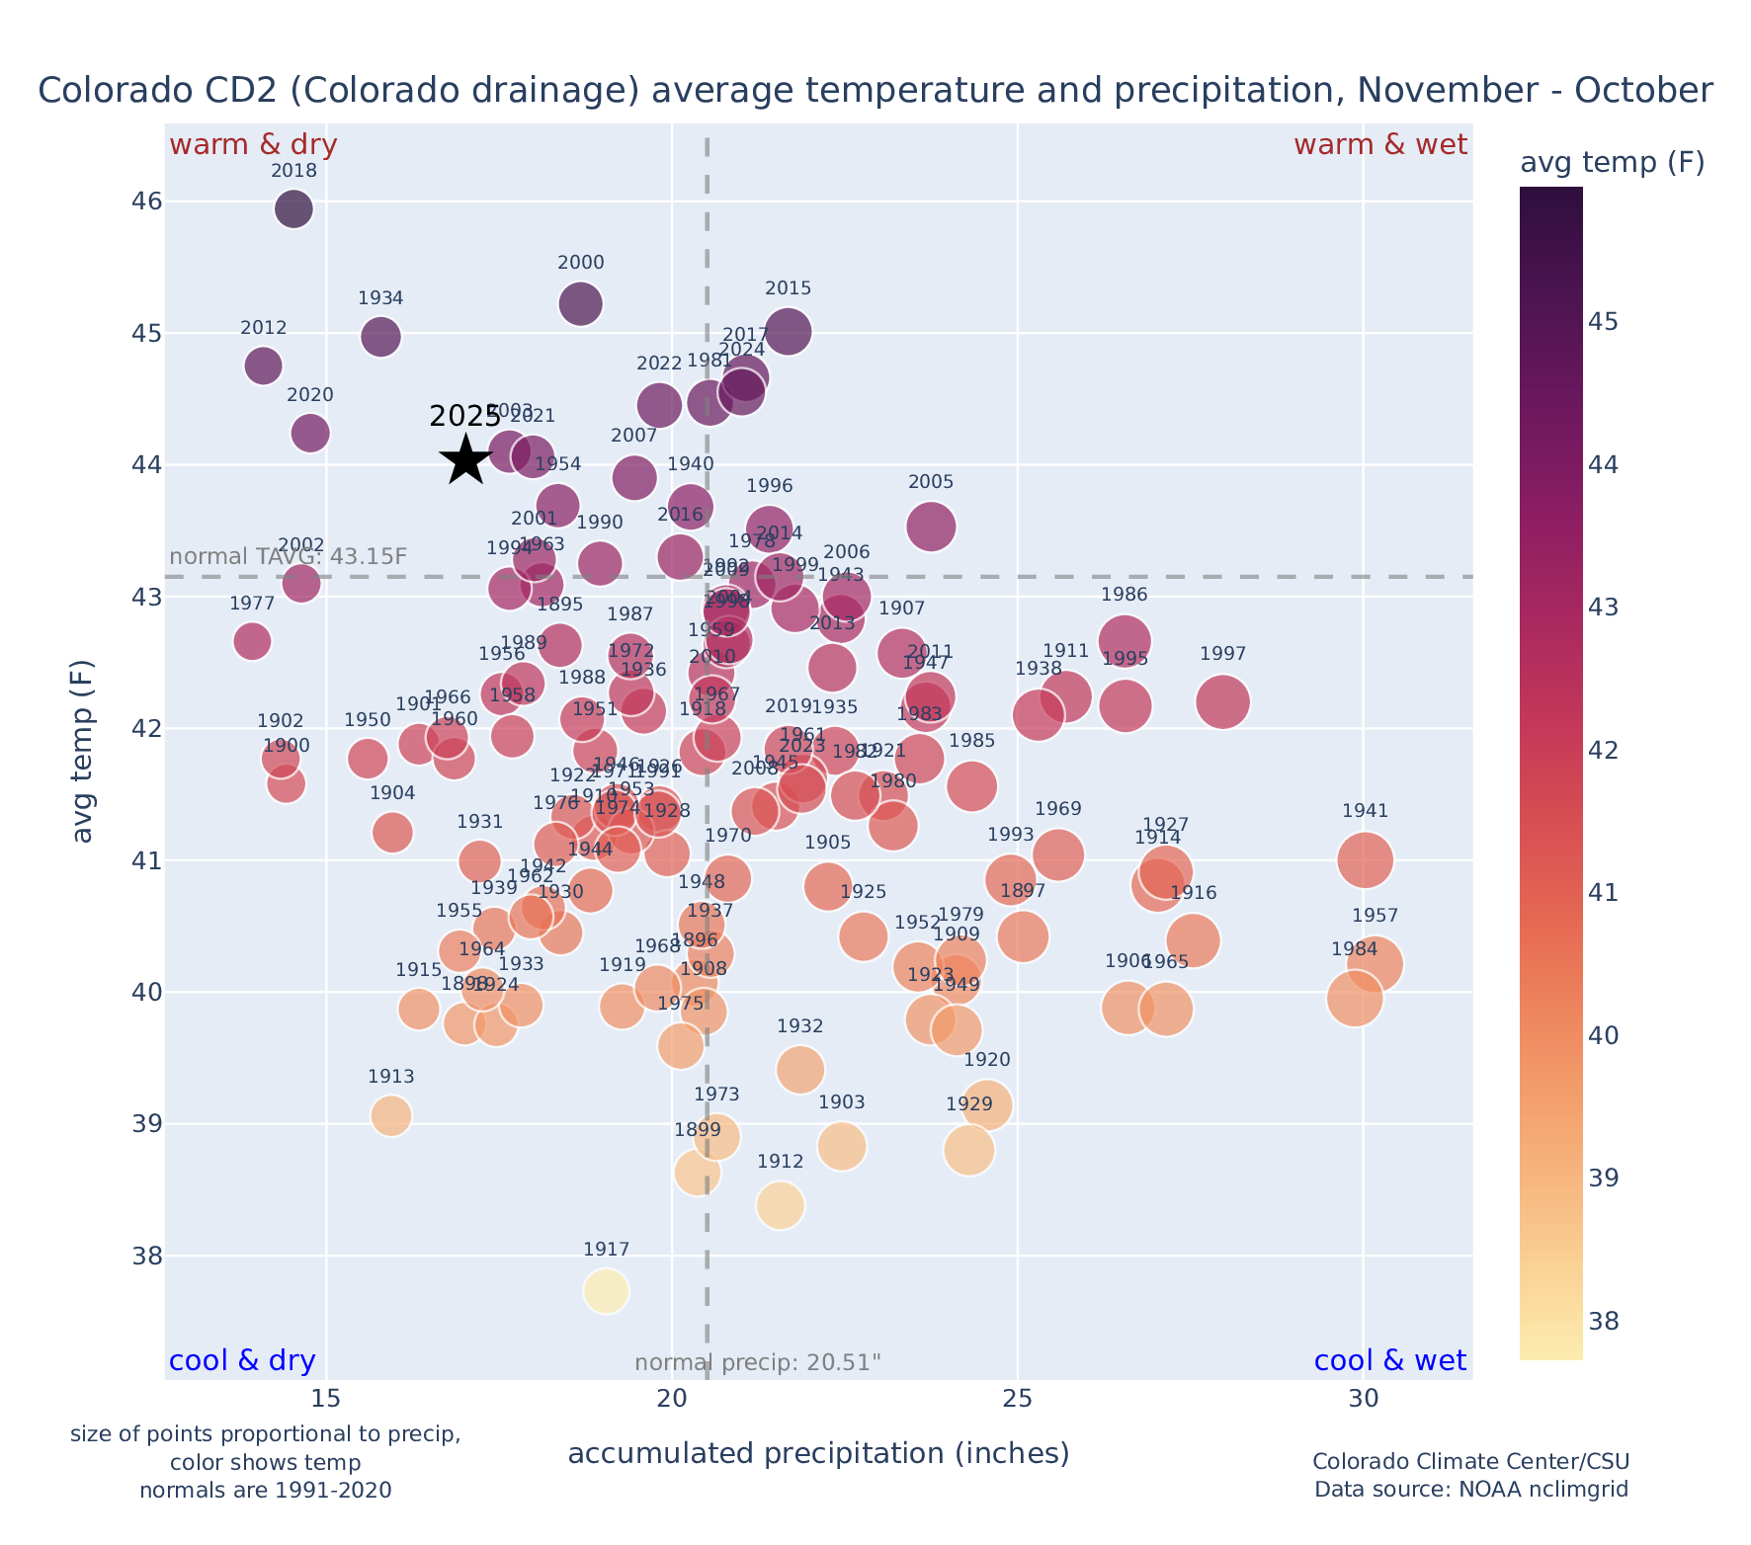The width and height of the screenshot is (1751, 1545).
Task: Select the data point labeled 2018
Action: pyautogui.click(x=293, y=209)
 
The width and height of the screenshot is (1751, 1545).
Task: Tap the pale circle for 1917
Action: pyautogui.click(x=606, y=1291)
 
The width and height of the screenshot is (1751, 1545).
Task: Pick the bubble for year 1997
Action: pyautogui.click(x=1222, y=702)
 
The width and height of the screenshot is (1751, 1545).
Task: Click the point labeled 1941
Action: pyautogui.click(x=1366, y=859)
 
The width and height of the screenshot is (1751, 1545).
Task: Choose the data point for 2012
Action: pyautogui.click(x=263, y=366)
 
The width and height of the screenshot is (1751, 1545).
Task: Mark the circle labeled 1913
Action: pyautogui.click(x=391, y=1115)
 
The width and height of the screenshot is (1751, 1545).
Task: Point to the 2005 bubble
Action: pyautogui.click(x=931, y=527)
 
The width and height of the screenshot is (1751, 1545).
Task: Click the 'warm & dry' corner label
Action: pyautogui.click(x=253, y=145)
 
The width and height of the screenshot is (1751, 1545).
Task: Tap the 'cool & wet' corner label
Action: pyautogui.click(x=1389, y=1361)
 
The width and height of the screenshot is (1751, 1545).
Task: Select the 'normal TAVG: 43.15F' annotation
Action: pyautogui.click(x=289, y=556)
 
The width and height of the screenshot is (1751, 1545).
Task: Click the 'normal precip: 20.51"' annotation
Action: pyautogui.click(x=757, y=1363)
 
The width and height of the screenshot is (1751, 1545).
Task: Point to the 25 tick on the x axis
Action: pyautogui.click(x=1018, y=1400)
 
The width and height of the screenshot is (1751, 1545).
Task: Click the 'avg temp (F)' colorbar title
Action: pyautogui.click(x=1612, y=163)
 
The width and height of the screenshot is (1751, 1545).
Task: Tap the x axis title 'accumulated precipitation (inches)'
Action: pyautogui.click(x=818, y=1454)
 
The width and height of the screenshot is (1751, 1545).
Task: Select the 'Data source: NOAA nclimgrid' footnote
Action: pyautogui.click(x=1470, y=1489)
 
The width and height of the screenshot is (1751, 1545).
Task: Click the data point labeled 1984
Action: pyautogui.click(x=1355, y=999)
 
